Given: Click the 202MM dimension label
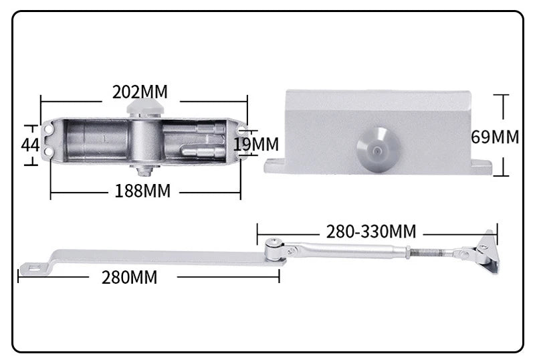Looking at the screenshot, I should pyautogui.click(x=140, y=92).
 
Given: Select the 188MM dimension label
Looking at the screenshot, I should pyautogui.click(x=142, y=191).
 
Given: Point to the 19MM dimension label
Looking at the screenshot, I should pyautogui.click(x=256, y=144).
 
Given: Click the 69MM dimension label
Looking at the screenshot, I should pyautogui.click(x=495, y=137).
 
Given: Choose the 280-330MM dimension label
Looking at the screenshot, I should pyautogui.click(x=371, y=232).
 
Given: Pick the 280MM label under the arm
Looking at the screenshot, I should pyautogui.click(x=130, y=277).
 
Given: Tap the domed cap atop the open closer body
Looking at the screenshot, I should pyautogui.click(x=145, y=106).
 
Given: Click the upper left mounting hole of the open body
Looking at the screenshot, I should pyautogui.click(x=48, y=127).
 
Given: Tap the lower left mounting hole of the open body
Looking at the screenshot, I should pyautogui.click(x=48, y=153).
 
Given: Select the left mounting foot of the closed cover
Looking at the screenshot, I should pyautogui.click(x=275, y=165).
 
